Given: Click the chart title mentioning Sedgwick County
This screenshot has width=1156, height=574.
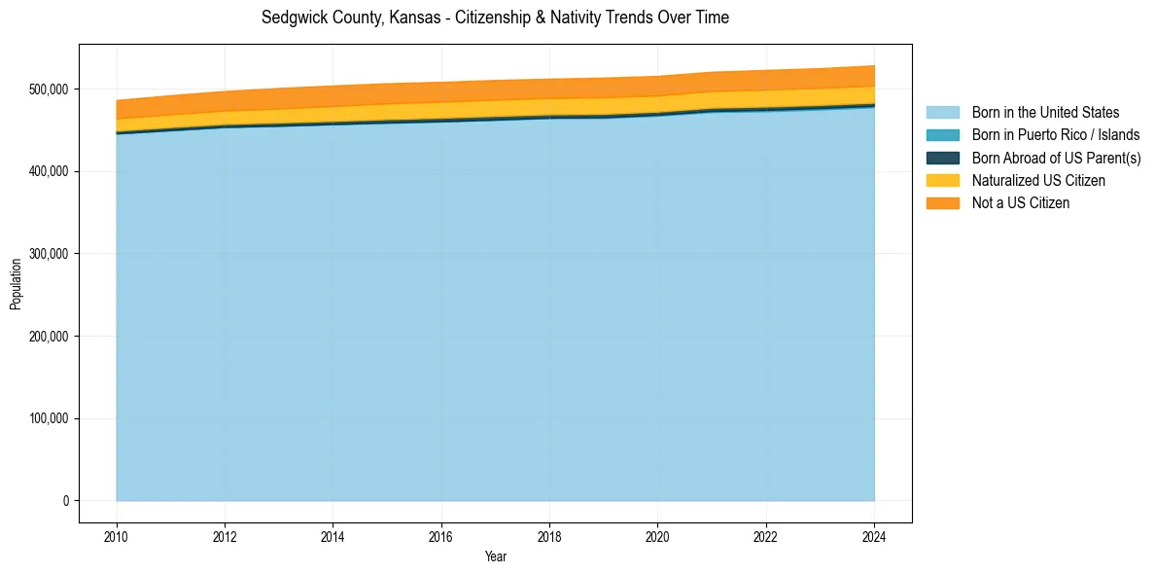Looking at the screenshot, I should tap(495, 18).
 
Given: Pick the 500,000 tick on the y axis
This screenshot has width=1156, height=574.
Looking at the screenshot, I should tap(49, 90).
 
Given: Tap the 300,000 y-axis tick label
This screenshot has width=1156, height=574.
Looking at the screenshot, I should tap(49, 254).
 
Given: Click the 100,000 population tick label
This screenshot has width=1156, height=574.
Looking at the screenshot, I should tap(49, 419).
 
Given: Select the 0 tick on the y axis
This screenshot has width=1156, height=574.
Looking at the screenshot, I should tap(66, 501).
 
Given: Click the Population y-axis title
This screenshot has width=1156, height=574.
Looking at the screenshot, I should tap(16, 284).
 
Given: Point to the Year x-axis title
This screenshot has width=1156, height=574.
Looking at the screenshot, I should tap(495, 556).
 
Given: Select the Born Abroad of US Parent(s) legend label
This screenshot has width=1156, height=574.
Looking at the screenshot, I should tap(1056, 158).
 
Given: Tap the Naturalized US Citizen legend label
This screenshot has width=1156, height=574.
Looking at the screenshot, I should tap(1038, 180).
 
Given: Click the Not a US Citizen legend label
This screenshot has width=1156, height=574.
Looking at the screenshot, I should tap(1021, 202).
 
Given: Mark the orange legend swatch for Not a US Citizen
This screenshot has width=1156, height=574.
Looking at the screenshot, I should tap(942, 202).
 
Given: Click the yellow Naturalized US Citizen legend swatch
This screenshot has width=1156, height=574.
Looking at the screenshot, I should tap(942, 180).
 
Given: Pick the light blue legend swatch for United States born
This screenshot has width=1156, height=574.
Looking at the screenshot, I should tap(942, 113).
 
